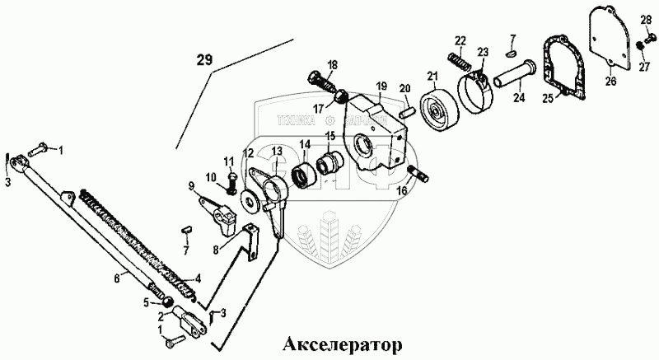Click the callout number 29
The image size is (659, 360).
click(204, 58)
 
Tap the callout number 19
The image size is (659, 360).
click(381, 86)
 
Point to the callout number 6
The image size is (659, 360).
click(116, 278)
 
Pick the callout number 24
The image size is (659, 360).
click(518, 96)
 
